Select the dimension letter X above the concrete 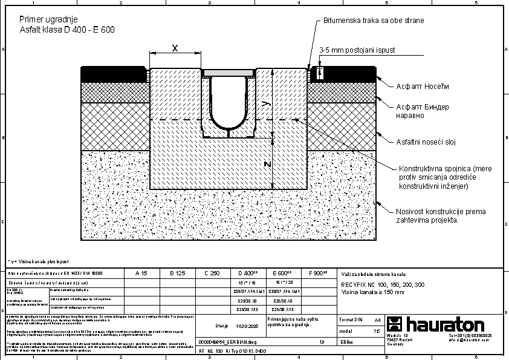175,48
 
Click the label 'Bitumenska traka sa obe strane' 373,21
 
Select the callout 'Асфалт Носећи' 423,86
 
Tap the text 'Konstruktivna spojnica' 435,168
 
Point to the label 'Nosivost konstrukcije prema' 441,211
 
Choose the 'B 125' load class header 176,273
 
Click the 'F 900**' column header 318,273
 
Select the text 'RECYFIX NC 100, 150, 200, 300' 382,284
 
